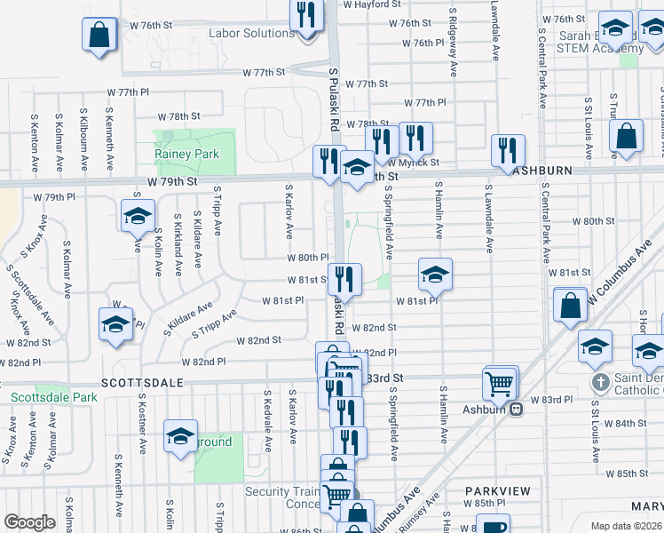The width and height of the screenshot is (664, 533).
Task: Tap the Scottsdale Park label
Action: (x=53, y=397)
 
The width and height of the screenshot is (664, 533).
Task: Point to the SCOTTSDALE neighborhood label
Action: (x=142, y=382)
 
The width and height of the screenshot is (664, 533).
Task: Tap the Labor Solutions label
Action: (x=251, y=34)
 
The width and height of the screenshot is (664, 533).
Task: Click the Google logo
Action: (x=29, y=521)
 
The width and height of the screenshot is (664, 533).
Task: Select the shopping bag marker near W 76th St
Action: (x=99, y=36)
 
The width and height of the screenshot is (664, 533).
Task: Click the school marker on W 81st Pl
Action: (x=435, y=274)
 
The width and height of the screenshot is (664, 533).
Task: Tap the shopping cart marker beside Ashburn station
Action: (x=500, y=384)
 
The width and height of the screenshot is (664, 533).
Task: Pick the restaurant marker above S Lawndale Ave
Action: (x=507, y=150)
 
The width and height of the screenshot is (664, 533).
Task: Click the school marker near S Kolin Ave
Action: (x=138, y=216)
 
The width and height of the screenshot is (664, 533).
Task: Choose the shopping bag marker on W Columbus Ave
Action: (x=569, y=306)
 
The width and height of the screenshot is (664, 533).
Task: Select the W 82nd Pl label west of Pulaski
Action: (x=203, y=362)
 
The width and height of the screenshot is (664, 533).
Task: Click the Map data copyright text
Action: (x=627, y=526)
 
